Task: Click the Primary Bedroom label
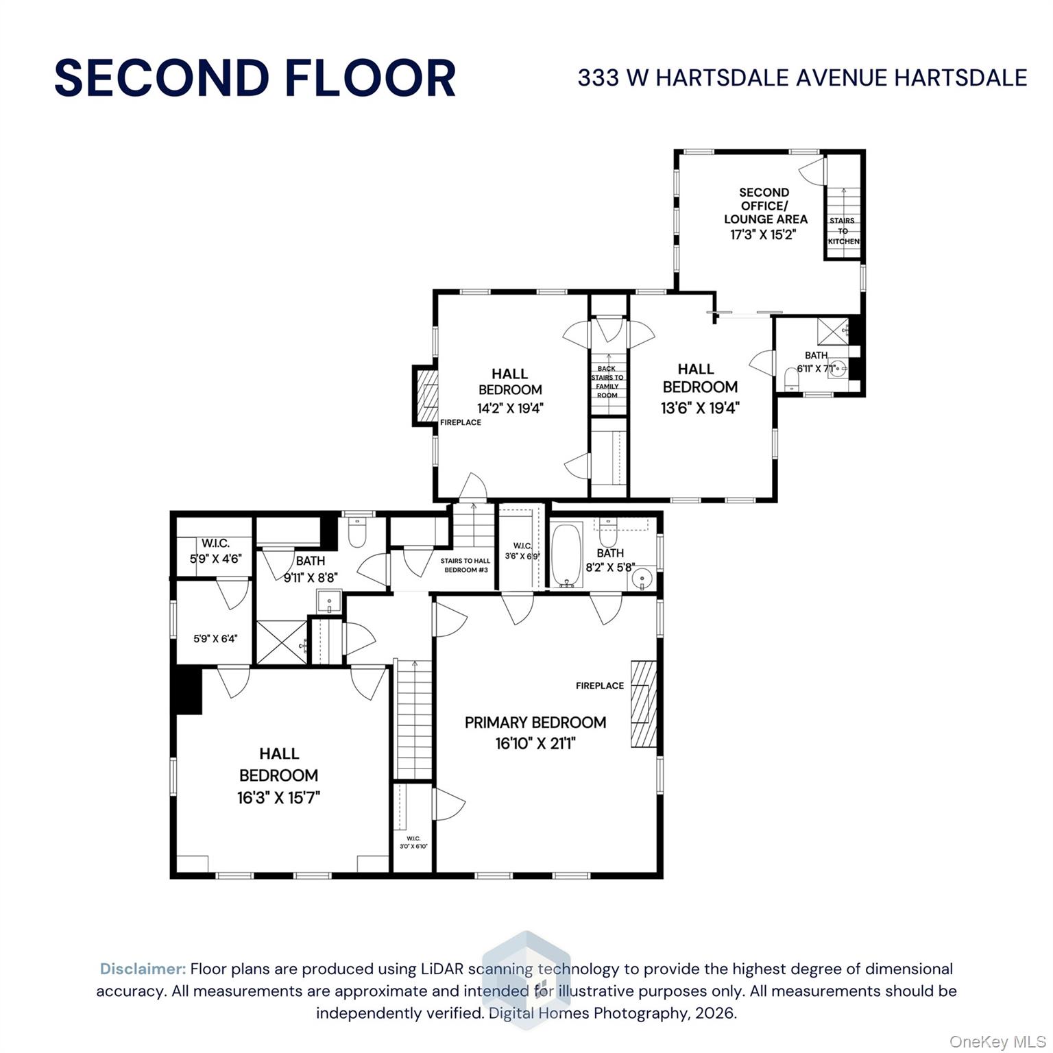point(535,723)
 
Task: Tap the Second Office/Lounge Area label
point(764,206)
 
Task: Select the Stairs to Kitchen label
point(843,231)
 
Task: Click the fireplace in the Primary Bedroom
point(643,703)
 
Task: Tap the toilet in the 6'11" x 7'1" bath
point(792,378)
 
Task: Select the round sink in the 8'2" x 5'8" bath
point(642,577)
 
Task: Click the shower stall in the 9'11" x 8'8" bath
point(282,642)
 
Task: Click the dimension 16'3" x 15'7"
point(279,798)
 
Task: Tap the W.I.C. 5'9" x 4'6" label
point(216,551)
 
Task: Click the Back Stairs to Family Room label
point(607,382)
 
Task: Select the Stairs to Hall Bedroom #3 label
point(465,565)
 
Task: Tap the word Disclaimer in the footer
point(143,969)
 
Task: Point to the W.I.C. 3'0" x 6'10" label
point(413,842)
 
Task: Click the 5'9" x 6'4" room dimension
point(215,639)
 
